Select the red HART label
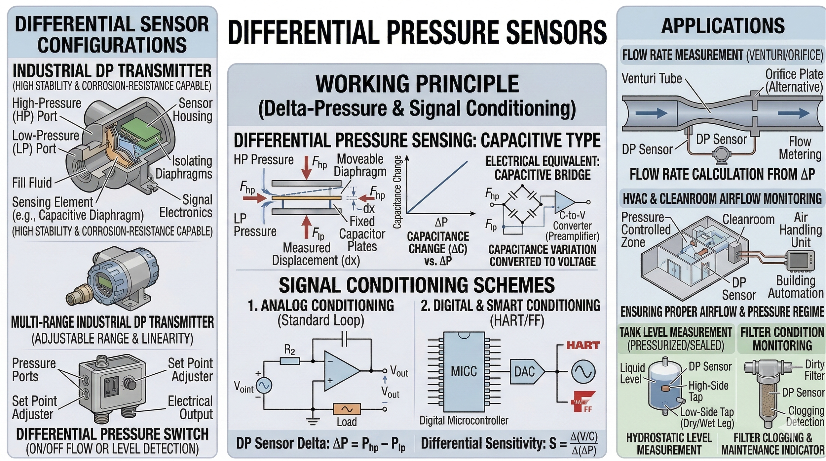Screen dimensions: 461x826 tap(583, 346)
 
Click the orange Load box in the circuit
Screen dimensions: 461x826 tap(347, 409)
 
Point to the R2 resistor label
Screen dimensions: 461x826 tap(289, 350)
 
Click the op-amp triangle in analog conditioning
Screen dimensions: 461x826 tap(340, 371)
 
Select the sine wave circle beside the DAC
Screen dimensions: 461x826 tap(583, 371)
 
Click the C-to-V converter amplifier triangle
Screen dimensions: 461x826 tap(564, 202)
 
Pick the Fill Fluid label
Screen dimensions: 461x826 tap(32, 183)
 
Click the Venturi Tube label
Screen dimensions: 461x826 tap(652, 79)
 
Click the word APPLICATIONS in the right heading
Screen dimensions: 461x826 tap(723, 25)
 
